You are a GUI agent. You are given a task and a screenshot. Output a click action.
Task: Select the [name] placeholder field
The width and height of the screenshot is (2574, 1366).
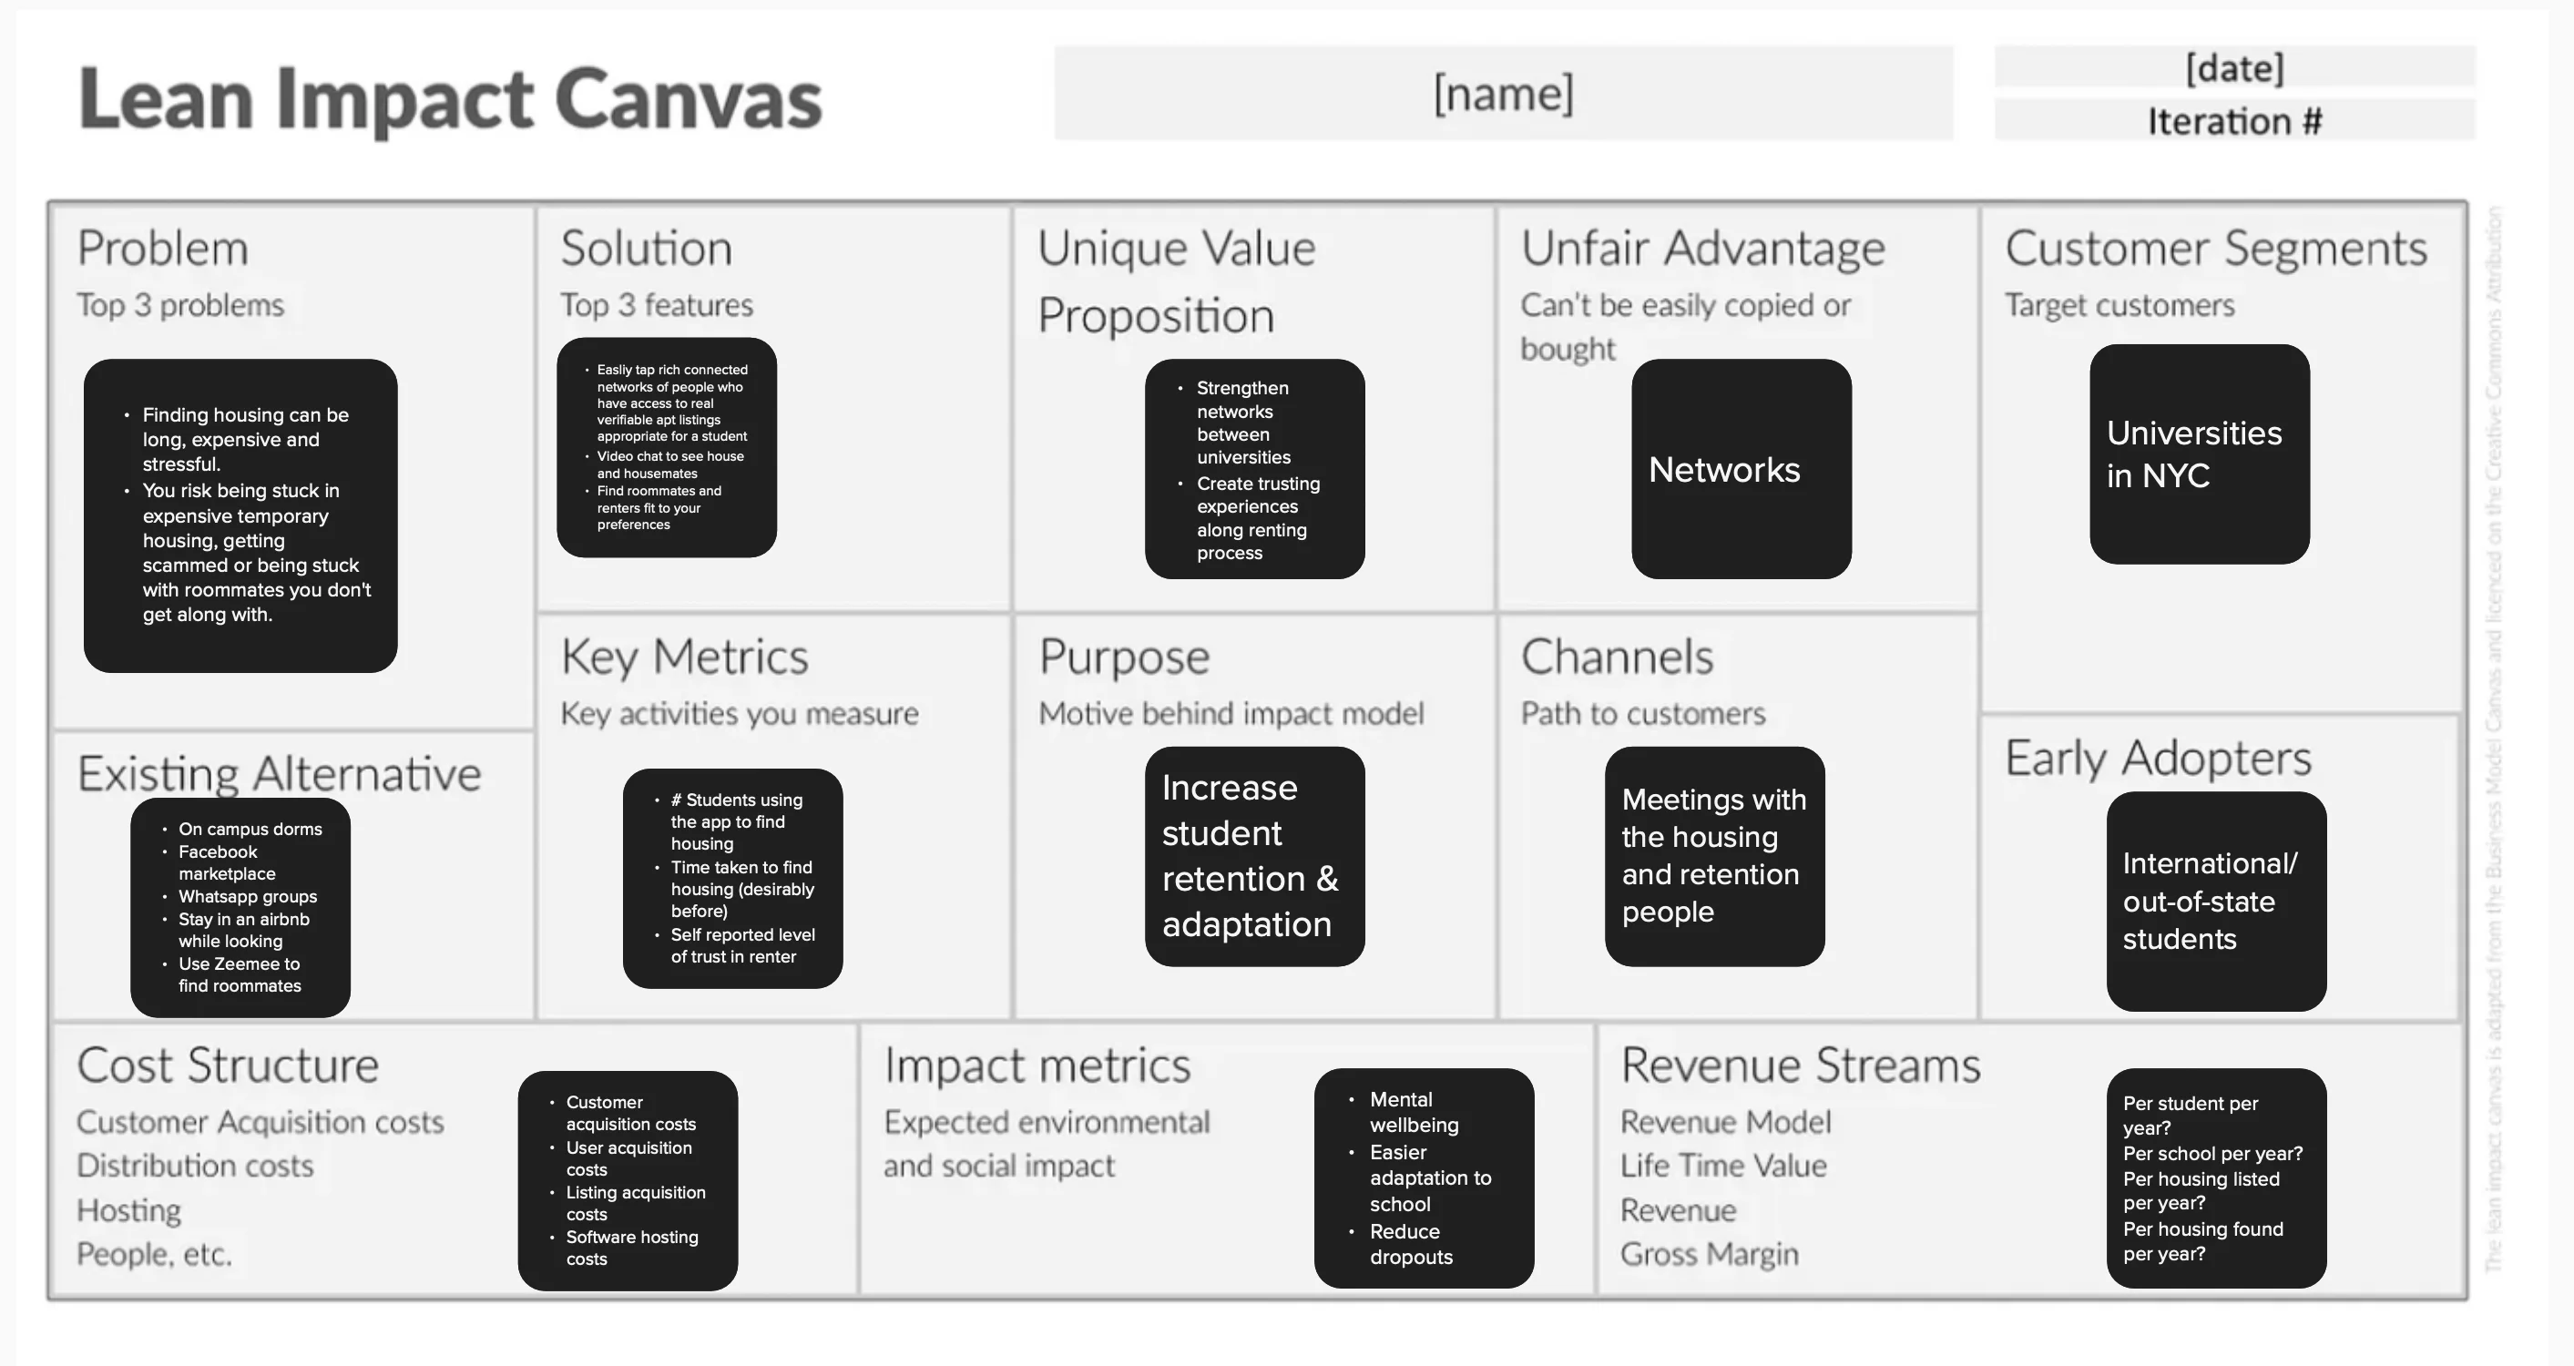click(x=1503, y=93)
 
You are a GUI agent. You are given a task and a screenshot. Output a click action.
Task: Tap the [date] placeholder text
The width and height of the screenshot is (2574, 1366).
click(x=2234, y=68)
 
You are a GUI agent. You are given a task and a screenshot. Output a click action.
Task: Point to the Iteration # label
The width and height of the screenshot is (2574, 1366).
click(x=2234, y=121)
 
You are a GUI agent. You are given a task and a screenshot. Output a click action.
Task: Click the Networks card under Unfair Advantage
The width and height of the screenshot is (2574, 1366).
click(x=1741, y=469)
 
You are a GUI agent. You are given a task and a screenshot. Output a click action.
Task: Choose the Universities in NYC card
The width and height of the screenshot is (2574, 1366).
click(x=2199, y=454)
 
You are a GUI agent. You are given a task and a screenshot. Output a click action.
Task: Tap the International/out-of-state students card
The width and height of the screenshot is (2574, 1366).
click(x=2215, y=901)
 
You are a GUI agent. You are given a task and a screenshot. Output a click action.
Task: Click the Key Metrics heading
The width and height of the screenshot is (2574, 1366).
click(x=684, y=657)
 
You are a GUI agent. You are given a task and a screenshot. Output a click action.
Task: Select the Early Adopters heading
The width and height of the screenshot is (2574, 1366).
click(x=2158, y=758)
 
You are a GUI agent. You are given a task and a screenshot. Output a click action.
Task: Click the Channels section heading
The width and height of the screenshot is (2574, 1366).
click(x=1617, y=657)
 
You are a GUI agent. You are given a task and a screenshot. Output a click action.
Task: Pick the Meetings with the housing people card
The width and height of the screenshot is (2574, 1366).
click(x=1713, y=855)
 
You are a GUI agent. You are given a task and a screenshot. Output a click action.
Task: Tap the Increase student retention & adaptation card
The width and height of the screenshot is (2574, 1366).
click(x=1254, y=855)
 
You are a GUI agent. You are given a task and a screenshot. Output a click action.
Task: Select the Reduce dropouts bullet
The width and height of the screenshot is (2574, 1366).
click(x=1410, y=1244)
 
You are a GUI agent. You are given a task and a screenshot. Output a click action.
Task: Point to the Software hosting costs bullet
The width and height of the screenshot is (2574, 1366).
click(x=631, y=1247)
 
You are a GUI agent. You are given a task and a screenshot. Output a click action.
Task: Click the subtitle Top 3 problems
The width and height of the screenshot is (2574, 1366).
click(x=181, y=305)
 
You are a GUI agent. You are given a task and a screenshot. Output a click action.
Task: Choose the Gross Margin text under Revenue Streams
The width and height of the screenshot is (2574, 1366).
click(x=1709, y=1253)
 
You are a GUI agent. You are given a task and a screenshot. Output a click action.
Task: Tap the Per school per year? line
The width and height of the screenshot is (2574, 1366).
click(x=2212, y=1153)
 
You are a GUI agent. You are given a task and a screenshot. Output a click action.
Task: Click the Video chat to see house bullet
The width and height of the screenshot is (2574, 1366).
click(x=669, y=464)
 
